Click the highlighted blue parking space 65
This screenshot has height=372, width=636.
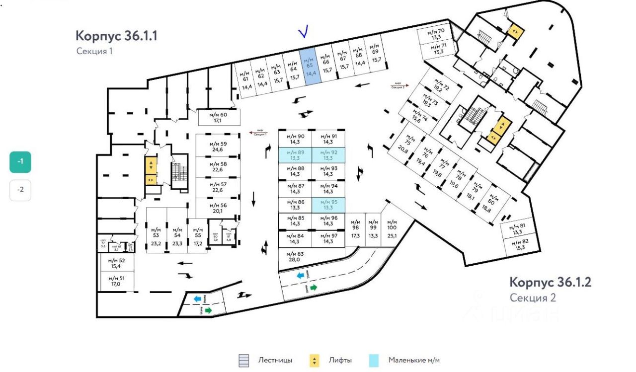[x=311, y=68]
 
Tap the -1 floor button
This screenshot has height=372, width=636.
[x=20, y=162]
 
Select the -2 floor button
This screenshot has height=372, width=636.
[x=20, y=190]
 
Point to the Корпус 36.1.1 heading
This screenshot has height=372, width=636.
[x=116, y=36]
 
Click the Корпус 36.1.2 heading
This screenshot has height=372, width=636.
[x=550, y=282]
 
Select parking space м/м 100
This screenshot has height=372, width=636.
[x=392, y=228]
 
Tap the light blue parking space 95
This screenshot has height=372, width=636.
[x=328, y=205]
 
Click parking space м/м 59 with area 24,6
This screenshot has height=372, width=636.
[x=218, y=146]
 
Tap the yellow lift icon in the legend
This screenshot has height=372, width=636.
[x=314, y=361]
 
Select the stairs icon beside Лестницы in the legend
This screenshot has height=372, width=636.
[x=243, y=361]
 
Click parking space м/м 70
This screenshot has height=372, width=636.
[x=437, y=34]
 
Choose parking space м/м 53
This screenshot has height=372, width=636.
[x=156, y=236]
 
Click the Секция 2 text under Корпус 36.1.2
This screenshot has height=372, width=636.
[x=532, y=298]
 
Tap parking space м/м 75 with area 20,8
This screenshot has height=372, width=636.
[x=407, y=144]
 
